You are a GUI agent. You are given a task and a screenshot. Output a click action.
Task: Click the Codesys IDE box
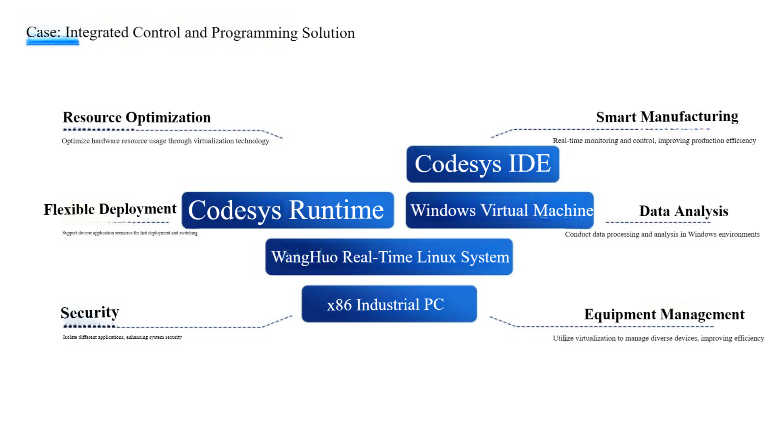483,164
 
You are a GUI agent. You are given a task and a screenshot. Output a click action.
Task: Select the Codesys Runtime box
287,210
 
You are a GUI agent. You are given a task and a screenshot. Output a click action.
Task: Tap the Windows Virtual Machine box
499,210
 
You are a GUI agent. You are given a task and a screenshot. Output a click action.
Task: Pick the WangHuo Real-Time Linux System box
389,257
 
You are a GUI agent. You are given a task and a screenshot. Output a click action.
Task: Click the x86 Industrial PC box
389,304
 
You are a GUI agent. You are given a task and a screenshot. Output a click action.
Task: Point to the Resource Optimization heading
137,117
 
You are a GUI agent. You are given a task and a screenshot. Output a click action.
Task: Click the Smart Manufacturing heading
667,117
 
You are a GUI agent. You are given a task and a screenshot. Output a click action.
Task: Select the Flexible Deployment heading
110,209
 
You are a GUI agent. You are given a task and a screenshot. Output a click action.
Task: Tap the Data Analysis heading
683,211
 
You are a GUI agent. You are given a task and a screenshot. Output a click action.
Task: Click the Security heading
90,313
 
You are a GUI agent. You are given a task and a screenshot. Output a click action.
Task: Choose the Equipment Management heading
664,314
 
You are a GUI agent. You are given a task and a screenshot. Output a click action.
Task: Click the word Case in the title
42,32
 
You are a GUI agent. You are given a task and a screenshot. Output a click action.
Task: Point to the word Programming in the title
254,33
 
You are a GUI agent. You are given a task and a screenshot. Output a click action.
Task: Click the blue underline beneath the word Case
52,42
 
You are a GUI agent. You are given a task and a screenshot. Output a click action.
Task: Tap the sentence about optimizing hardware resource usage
165,141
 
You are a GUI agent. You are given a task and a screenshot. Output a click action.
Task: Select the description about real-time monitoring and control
654,141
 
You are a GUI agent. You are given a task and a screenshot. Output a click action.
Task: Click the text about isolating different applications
122,337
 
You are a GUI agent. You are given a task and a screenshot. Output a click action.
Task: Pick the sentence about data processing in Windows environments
662,234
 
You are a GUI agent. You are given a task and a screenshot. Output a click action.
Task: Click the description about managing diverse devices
658,338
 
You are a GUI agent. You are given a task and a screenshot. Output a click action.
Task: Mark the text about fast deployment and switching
130,233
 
